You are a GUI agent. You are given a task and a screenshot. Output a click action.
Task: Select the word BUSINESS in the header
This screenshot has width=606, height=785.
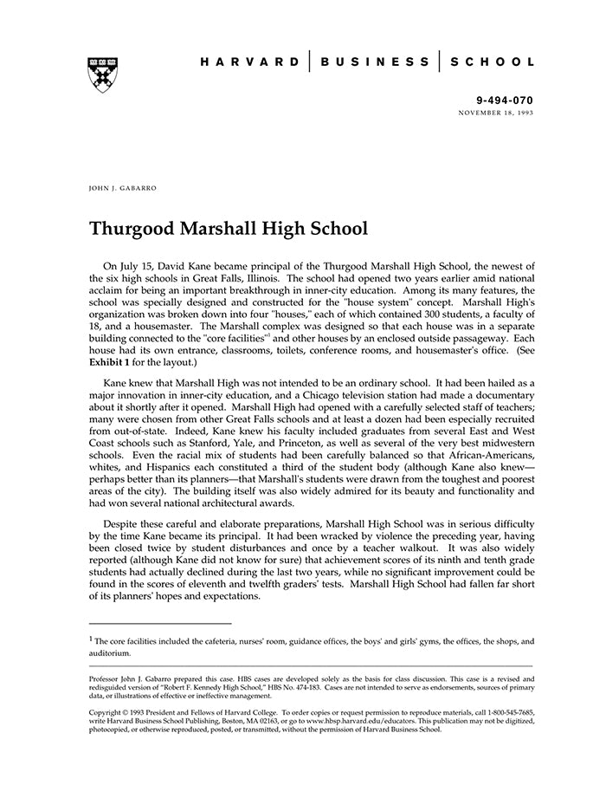pos(374,62)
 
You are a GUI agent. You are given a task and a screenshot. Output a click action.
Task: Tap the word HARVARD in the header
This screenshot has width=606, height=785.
pos(249,62)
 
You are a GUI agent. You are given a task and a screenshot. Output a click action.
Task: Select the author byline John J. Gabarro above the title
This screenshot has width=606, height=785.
pos(122,187)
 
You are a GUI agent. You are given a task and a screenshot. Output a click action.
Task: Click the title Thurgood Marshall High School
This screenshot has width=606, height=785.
pos(229,229)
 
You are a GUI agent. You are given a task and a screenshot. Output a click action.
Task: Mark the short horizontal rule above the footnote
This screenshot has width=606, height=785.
pos(160,623)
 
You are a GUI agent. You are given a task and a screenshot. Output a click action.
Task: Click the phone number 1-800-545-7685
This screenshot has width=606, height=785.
pos(506,713)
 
